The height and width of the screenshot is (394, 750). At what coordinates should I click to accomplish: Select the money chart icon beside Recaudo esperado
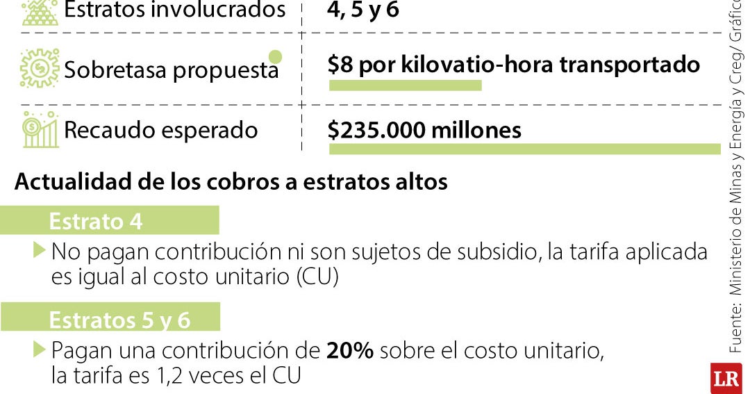point(40,130)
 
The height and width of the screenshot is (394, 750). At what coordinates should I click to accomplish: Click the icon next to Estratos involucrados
point(40,12)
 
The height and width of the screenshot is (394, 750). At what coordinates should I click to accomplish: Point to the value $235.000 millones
point(424,130)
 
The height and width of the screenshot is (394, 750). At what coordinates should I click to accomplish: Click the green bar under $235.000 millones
point(524,149)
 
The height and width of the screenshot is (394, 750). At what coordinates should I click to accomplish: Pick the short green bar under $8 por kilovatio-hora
point(405,85)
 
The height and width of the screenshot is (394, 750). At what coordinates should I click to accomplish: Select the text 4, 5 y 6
point(363,10)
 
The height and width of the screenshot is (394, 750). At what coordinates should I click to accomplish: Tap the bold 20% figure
point(350,350)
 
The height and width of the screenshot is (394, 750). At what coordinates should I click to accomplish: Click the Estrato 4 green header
point(109,220)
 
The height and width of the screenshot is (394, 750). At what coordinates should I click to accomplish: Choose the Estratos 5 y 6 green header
point(110,319)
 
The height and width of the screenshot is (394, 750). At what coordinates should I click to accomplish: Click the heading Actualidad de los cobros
point(231,182)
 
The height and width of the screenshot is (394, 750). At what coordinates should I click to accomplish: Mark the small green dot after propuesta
point(275,56)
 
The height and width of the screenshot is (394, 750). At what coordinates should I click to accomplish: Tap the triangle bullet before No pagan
point(39,250)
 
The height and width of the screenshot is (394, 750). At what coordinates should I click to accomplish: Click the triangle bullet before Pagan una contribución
point(39,349)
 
